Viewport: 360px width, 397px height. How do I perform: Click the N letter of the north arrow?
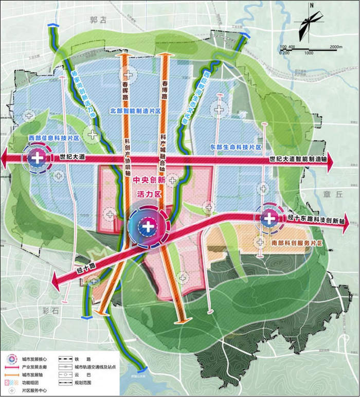312,6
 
